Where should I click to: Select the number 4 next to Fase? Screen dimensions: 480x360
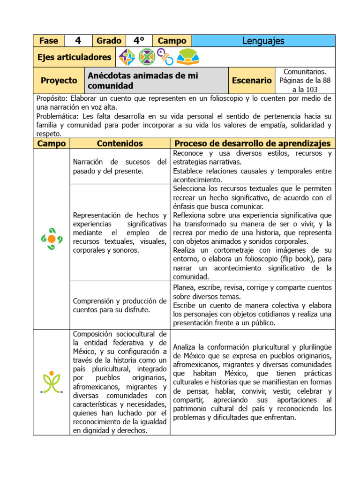(x=78, y=41)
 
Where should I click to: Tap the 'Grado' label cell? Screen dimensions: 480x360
(x=109, y=41)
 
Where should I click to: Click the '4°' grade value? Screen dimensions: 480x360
(x=139, y=41)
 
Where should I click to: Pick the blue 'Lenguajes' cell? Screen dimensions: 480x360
(x=263, y=41)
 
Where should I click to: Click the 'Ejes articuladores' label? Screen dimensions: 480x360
(x=75, y=57)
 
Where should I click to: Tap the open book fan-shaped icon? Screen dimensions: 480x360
(x=188, y=57)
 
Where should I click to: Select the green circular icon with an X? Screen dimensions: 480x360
(x=147, y=57)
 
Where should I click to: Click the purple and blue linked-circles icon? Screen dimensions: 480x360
(x=165, y=57)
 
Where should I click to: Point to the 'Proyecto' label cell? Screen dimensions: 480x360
(x=59, y=80)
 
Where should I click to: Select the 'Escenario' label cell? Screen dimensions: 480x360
(x=252, y=80)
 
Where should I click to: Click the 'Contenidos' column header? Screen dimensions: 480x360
(x=120, y=143)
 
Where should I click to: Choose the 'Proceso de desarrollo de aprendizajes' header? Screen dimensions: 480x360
(x=252, y=143)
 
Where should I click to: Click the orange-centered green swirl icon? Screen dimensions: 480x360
(x=52, y=239)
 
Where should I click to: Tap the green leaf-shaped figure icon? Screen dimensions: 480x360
(x=52, y=382)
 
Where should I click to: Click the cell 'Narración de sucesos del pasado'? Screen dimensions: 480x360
(x=120, y=166)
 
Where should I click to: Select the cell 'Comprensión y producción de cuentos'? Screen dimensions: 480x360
(x=120, y=305)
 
